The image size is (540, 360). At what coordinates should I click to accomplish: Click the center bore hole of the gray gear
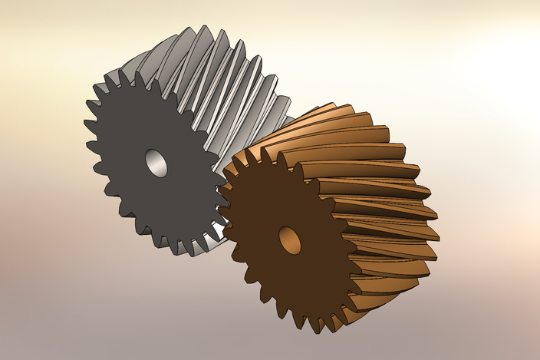click(156, 163)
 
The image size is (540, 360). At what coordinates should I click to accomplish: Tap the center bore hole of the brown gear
click(289, 240)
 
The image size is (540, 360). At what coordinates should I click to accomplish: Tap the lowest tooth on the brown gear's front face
click(315, 325)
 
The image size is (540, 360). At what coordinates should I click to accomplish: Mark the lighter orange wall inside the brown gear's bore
click(292, 242)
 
